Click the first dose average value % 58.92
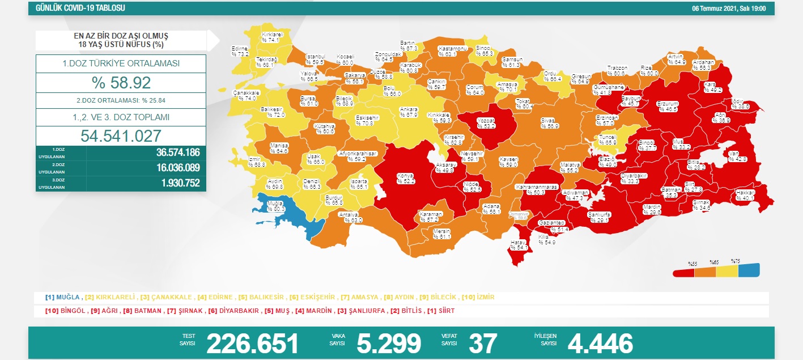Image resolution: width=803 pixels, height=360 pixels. click(x=121, y=83)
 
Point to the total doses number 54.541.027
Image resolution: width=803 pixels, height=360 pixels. click(x=121, y=135)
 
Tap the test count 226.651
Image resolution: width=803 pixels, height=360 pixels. click(x=252, y=343)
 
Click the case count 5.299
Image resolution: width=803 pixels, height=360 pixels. click(x=389, y=343)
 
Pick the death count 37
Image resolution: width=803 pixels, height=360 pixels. click(x=483, y=343)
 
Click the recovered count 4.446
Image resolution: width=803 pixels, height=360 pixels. click(x=600, y=343)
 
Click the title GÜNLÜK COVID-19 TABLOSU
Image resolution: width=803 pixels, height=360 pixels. click(x=80, y=9)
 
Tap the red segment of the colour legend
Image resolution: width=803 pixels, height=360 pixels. click(x=684, y=273)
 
